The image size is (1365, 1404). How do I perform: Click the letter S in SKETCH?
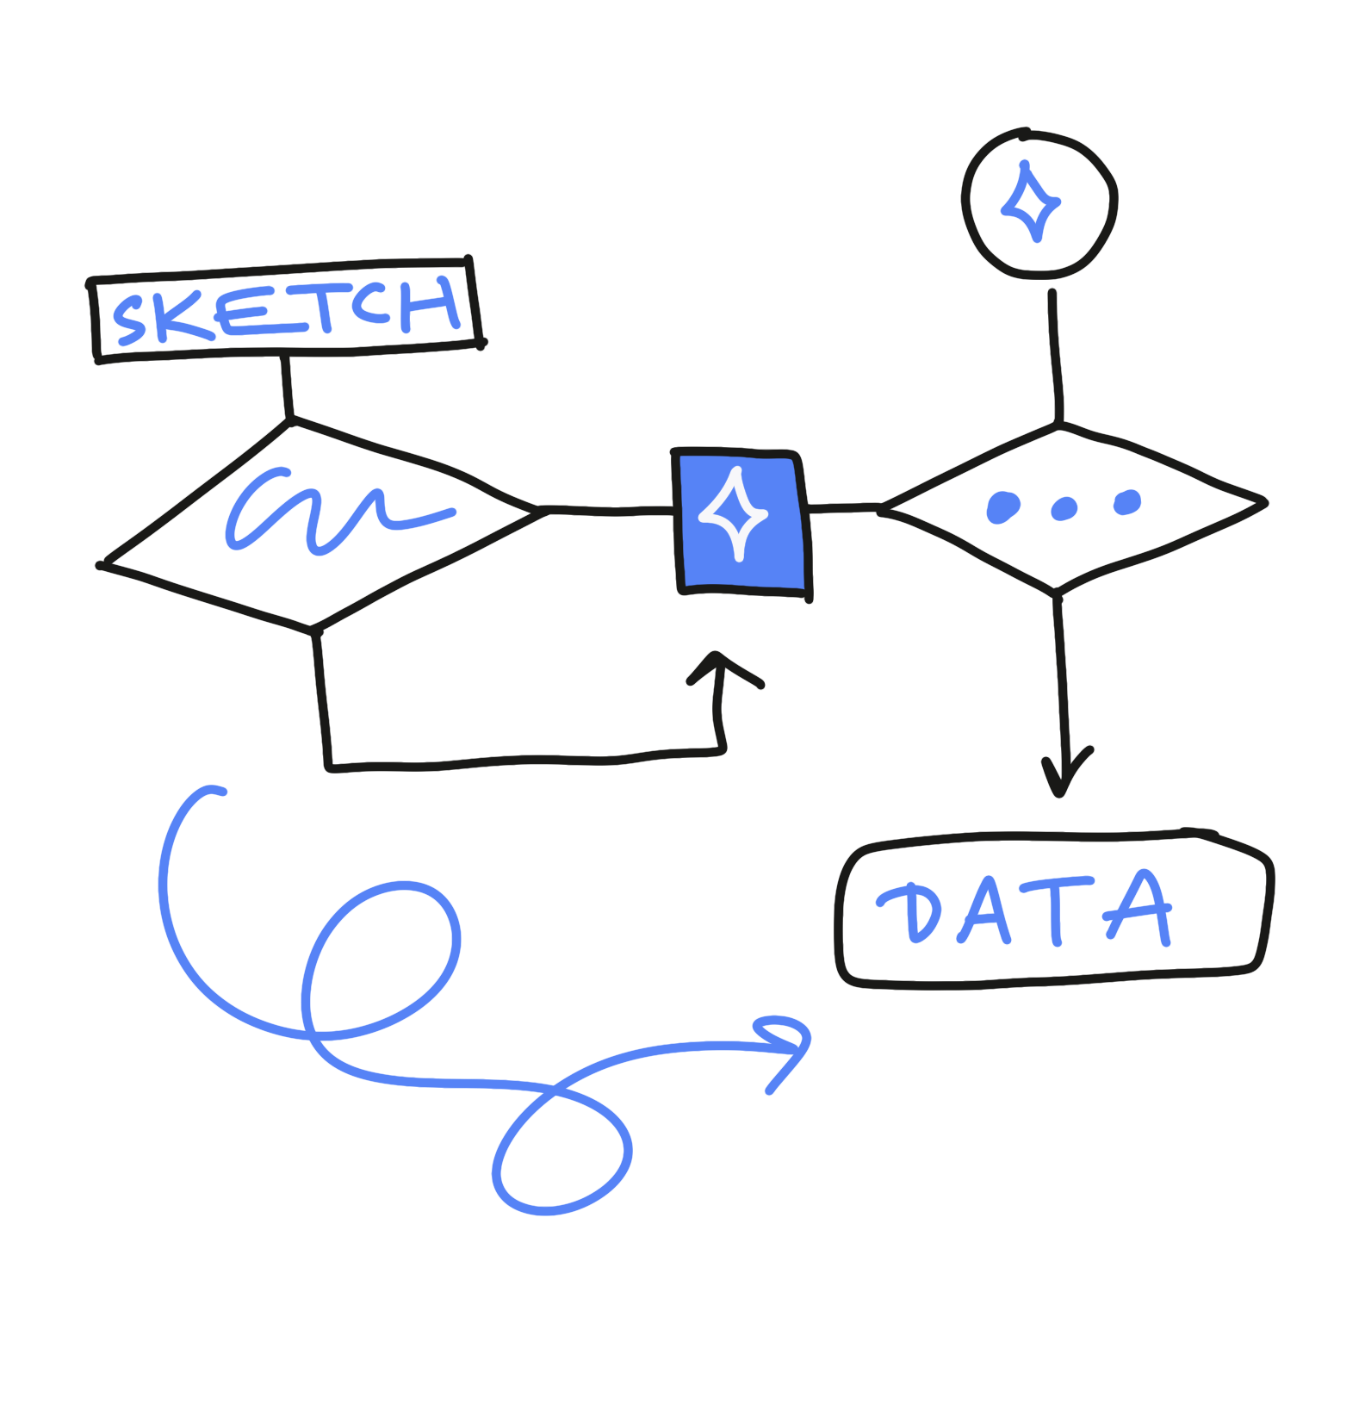(x=130, y=320)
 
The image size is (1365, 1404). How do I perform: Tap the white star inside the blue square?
(x=734, y=515)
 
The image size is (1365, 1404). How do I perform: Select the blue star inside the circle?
(x=1029, y=203)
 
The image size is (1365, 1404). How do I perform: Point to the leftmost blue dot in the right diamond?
(x=1002, y=507)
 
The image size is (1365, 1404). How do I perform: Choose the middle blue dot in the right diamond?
(x=1064, y=509)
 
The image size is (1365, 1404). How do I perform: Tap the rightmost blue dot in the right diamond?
(x=1127, y=502)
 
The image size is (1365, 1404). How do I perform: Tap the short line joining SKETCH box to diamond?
(x=287, y=388)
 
